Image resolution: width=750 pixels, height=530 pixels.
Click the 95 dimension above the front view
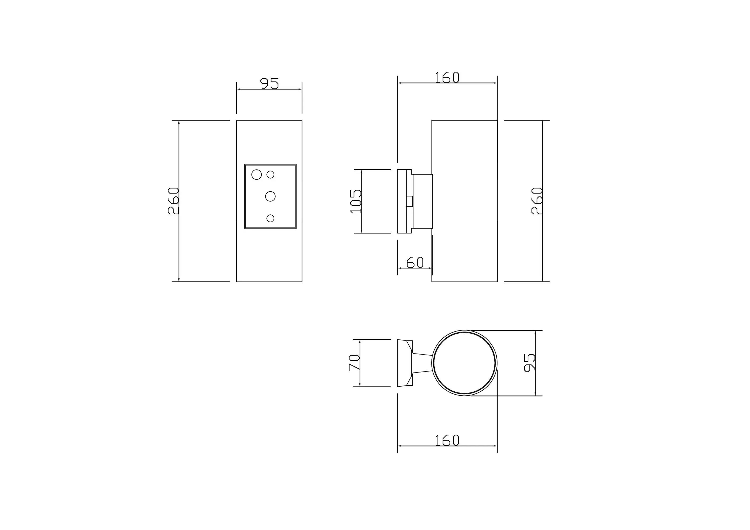pyautogui.click(x=269, y=83)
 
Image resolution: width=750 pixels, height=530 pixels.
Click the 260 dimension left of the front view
pyautogui.click(x=173, y=201)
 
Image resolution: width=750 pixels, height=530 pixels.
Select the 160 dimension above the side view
pyautogui.click(x=447, y=77)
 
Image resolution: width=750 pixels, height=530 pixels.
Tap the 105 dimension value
pyautogui.click(x=355, y=201)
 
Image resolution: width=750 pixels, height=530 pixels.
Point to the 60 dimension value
pyautogui.click(x=415, y=262)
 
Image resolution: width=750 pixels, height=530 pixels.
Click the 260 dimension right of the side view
pyautogui.click(x=537, y=201)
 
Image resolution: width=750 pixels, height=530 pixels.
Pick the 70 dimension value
pyautogui.click(x=354, y=363)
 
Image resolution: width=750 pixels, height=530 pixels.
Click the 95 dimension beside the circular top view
pyautogui.click(x=529, y=363)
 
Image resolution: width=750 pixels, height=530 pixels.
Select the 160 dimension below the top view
pyautogui.click(x=447, y=440)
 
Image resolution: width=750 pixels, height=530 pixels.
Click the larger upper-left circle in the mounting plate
pyautogui.click(x=257, y=175)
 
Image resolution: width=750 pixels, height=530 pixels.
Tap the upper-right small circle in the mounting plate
pyautogui.click(x=271, y=175)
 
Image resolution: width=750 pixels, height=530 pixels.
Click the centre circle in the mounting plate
pyautogui.click(x=271, y=197)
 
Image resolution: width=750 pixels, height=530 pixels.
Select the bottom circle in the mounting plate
pyautogui.click(x=271, y=218)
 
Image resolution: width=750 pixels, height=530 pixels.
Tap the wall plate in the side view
pyautogui.click(x=402, y=201)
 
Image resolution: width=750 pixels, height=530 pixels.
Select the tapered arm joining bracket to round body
pyautogui.click(x=422, y=363)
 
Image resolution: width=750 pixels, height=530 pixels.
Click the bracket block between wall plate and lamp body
pyautogui.click(x=423, y=201)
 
